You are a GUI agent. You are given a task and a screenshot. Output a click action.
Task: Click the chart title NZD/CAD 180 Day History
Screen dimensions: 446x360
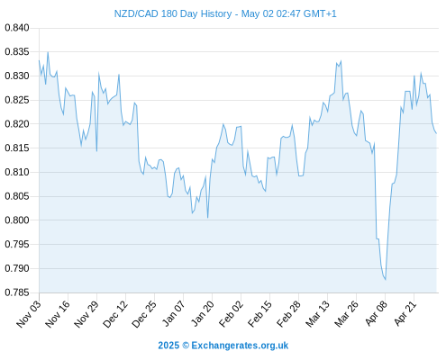[x=173, y=13]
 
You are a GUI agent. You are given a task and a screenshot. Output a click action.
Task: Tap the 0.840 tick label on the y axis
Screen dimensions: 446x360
[x=17, y=28]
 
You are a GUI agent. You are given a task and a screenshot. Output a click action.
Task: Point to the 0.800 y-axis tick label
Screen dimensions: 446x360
[x=17, y=220]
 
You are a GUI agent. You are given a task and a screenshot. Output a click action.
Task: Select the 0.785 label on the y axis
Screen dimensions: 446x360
[x=17, y=292]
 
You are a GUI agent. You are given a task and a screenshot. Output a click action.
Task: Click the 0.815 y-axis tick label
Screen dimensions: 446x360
[x=17, y=148]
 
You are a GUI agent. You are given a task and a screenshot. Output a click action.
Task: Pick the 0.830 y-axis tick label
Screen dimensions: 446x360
[x=17, y=76]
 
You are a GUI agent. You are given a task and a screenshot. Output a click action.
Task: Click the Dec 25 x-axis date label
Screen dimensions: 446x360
[x=144, y=313]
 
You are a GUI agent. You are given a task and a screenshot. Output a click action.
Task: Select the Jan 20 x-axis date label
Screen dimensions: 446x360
[x=203, y=313]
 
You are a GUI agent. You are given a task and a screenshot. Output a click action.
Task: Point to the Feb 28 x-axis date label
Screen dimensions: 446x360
[x=289, y=313]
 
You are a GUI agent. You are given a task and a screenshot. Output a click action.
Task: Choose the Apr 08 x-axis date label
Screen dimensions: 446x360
[x=377, y=313]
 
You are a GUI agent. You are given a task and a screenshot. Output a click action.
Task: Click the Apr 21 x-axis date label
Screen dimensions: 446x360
[x=405, y=313]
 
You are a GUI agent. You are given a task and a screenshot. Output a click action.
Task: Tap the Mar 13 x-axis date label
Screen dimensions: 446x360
[x=318, y=313]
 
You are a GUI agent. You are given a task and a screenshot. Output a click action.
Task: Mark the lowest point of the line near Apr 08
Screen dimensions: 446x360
[x=386, y=280]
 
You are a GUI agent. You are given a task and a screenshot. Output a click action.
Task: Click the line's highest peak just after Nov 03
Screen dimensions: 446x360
[x=48, y=52]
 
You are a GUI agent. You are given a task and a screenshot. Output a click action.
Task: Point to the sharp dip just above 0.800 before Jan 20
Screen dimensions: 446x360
[x=207, y=218]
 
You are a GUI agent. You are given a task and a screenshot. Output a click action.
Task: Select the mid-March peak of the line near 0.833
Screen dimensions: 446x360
[x=341, y=61]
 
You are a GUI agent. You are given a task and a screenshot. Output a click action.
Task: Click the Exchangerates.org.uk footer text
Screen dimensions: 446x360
[x=240, y=346]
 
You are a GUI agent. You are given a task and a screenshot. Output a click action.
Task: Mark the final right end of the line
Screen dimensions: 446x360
[x=436, y=133]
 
